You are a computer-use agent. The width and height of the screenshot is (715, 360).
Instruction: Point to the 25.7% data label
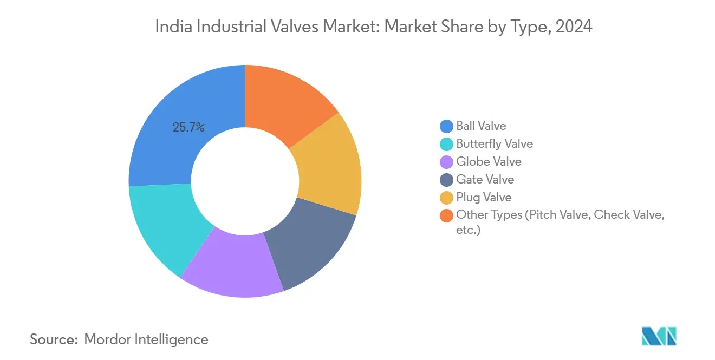pyautogui.click(x=188, y=128)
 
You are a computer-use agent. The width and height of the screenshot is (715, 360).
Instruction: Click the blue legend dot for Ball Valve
pyautogui.click(x=446, y=126)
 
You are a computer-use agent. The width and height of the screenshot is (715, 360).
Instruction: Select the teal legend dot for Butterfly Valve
pyautogui.click(x=446, y=144)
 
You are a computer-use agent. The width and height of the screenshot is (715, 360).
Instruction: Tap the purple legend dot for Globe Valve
pyautogui.click(x=446, y=162)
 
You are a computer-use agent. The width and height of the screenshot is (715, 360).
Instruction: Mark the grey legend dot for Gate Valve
pyautogui.click(x=446, y=180)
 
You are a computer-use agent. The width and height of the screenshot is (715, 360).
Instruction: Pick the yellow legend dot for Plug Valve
pyautogui.click(x=446, y=198)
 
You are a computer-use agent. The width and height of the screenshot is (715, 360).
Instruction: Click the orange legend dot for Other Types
pyautogui.click(x=446, y=215)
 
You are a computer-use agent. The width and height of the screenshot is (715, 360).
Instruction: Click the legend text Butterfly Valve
pyautogui.click(x=495, y=144)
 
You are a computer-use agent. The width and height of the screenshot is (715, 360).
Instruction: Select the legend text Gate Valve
pyautogui.click(x=485, y=180)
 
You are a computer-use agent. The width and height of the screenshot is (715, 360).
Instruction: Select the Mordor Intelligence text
pyautogui.click(x=146, y=339)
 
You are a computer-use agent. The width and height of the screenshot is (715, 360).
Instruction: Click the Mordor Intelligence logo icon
pyautogui.click(x=659, y=336)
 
